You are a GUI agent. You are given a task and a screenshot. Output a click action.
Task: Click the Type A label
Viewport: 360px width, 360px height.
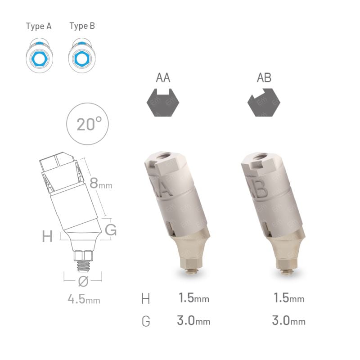tap(39, 26)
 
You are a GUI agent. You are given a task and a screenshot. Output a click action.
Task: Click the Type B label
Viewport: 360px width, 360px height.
tap(82, 26)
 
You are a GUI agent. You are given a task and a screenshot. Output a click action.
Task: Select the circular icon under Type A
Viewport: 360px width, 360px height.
tap(39, 56)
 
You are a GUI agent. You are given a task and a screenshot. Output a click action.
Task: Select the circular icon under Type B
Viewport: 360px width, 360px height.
tap(81, 56)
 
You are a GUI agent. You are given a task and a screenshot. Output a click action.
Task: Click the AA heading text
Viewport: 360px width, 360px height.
tap(163, 78)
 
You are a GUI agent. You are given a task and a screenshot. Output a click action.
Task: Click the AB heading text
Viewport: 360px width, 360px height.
tap(264, 78)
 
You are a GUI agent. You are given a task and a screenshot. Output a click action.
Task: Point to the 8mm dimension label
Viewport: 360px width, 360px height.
tap(100, 183)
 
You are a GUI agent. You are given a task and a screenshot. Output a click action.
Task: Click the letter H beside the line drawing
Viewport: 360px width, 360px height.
tap(47, 236)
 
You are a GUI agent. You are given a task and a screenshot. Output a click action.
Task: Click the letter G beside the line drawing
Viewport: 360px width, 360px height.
tap(110, 230)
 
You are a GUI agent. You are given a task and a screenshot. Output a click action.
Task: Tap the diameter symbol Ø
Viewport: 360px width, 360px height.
tap(83, 282)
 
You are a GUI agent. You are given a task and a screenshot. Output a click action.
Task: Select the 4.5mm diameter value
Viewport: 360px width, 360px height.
tap(83, 299)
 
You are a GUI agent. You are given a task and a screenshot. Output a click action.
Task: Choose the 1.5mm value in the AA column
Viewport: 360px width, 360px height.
tap(194, 298)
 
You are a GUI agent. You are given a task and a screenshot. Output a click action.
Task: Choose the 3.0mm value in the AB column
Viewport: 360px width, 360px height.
tap(288, 321)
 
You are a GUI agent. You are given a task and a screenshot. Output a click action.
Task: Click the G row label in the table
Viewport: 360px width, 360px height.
tap(146, 321)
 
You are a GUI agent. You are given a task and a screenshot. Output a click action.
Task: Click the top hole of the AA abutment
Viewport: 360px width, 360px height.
tap(162, 157)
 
